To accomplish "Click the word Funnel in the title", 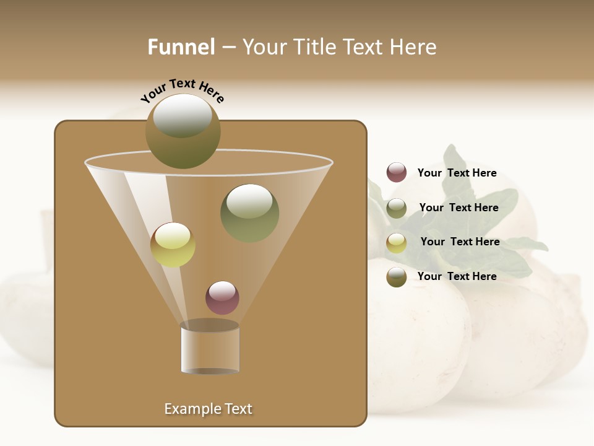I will pos(181,47).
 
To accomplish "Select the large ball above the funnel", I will pos(183,131).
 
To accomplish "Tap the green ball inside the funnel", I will pos(249,213).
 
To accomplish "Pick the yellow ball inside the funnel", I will pos(173,245).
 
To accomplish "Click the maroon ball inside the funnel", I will pos(222,297).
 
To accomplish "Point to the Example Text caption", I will pos(208,409).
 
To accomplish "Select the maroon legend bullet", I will pos(397,172).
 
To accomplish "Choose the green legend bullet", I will pos(397,208).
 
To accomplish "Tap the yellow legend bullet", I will pos(397,243).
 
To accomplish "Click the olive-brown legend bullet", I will pos(397,277).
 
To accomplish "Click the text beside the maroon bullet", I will pos(457,173).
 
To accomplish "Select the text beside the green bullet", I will pos(458,208).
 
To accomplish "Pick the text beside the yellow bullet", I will pos(460,242).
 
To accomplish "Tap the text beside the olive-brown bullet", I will pos(457,276).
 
